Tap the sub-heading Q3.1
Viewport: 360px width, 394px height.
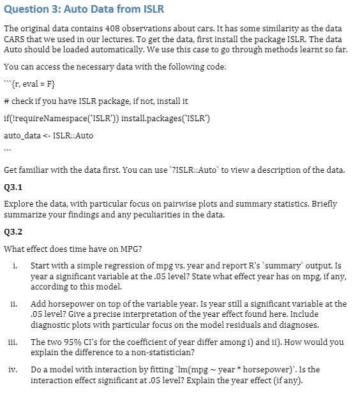(12, 189)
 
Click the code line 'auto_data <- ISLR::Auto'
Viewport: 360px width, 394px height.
(49, 136)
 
